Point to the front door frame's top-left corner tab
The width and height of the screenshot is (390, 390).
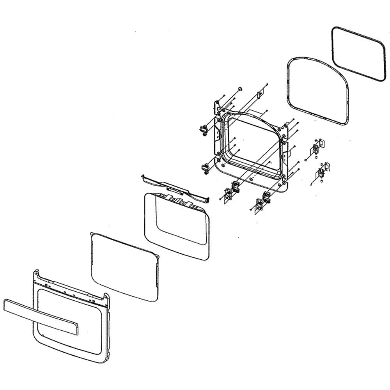click(x=36, y=273)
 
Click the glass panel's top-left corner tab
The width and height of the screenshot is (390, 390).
click(x=92, y=234)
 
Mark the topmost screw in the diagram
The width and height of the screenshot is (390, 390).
click(x=266, y=84)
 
